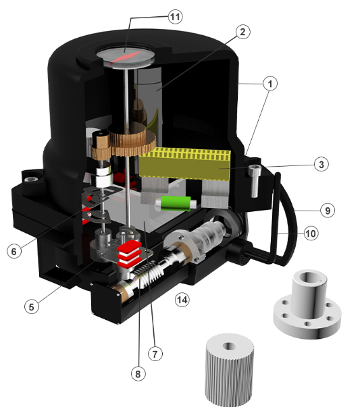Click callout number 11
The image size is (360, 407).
(x=176, y=17)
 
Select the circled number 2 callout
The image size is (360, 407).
(x=243, y=32)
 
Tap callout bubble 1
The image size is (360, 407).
(x=270, y=84)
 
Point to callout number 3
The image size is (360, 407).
(x=322, y=164)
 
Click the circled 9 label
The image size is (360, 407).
(x=328, y=210)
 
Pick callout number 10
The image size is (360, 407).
(x=311, y=234)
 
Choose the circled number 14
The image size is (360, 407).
(x=182, y=300)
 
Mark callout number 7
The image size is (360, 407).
(x=155, y=354)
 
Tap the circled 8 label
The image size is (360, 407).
(x=138, y=374)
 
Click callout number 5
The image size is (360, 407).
(x=32, y=307)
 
